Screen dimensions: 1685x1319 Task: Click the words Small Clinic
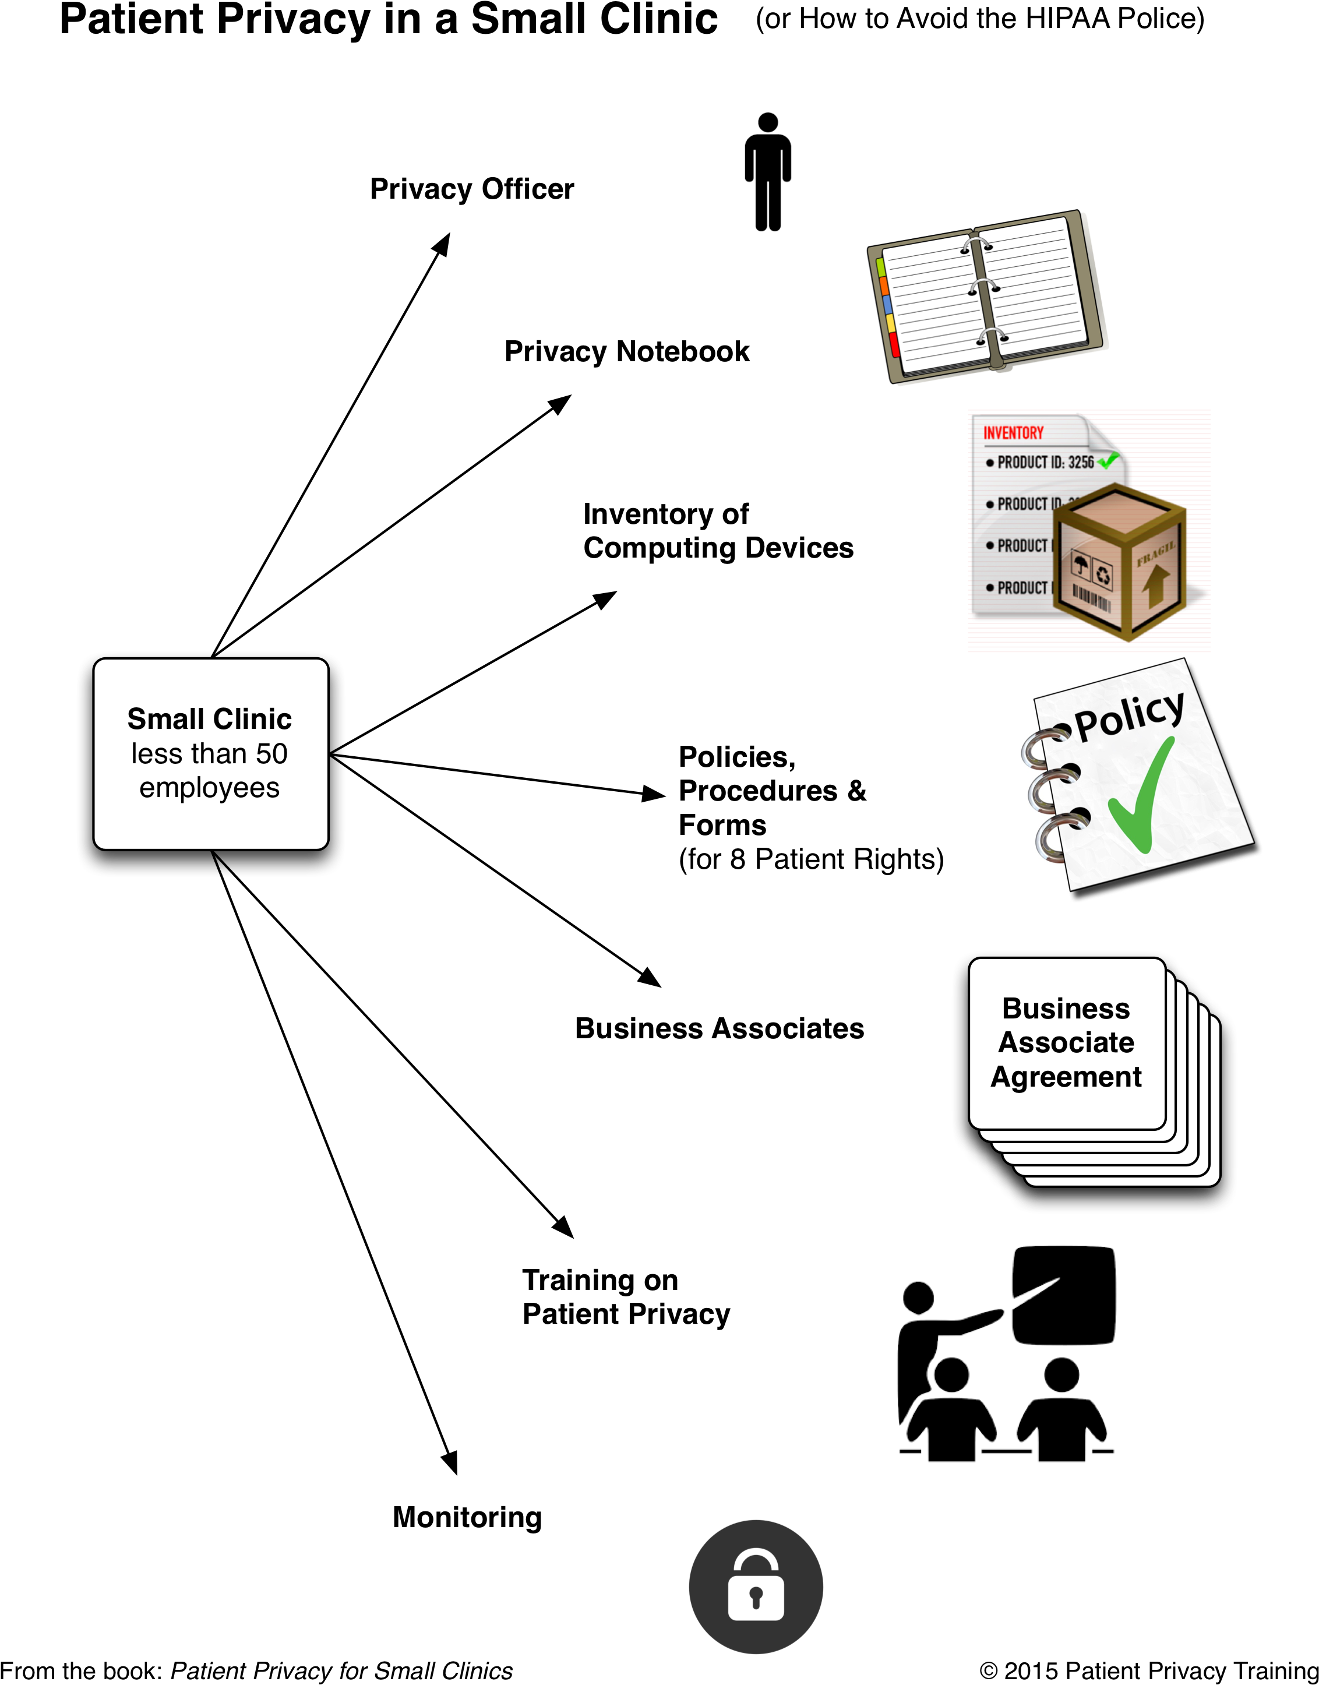click(209, 719)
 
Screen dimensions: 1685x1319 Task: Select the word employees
click(209, 788)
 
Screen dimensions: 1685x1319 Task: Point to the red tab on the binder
click(894, 344)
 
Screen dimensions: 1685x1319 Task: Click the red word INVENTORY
click(1013, 433)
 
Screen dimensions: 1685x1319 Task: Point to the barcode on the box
click(1091, 598)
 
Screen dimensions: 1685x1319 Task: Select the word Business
click(1066, 1009)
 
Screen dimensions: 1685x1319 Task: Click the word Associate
click(1066, 1042)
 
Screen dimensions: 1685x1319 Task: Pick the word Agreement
click(1066, 1077)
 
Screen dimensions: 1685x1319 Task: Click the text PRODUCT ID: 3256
click(1046, 463)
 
